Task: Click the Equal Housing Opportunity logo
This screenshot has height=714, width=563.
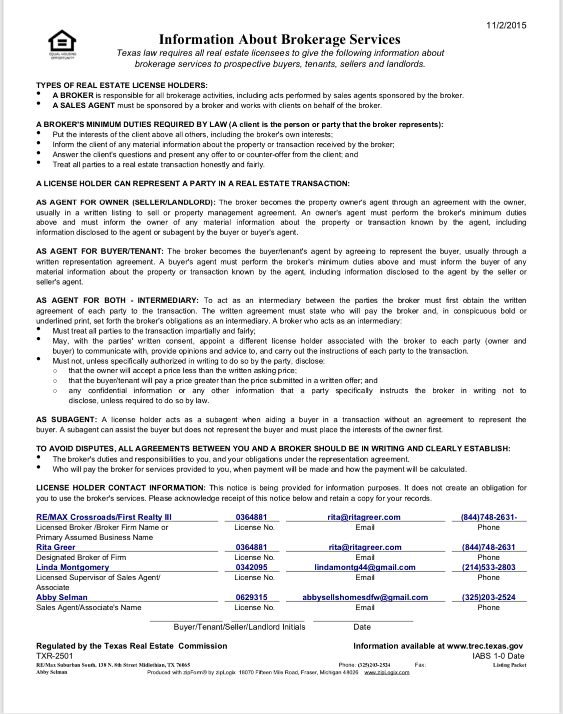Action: [x=62, y=43]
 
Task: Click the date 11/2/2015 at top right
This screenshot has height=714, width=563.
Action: [x=506, y=25]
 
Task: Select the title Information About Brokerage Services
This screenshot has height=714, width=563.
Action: [x=279, y=40]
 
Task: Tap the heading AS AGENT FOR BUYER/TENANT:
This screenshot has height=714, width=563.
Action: [x=100, y=252]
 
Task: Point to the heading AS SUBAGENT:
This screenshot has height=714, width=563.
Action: [x=67, y=420]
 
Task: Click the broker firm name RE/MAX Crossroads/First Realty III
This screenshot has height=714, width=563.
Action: [x=104, y=517]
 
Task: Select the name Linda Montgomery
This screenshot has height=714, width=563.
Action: [x=73, y=567]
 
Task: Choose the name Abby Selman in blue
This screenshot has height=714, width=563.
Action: [x=62, y=597]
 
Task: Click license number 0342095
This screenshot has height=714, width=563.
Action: [x=251, y=567]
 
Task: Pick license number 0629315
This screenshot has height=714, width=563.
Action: [x=251, y=597]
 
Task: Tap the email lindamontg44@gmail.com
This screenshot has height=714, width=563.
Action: [x=365, y=567]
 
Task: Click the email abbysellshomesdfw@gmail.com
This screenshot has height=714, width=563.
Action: [x=365, y=597]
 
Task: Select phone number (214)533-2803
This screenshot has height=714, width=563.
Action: [x=488, y=567]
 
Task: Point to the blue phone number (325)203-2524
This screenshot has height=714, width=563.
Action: [x=488, y=597]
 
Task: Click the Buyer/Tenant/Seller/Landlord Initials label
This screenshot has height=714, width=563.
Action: [x=239, y=627]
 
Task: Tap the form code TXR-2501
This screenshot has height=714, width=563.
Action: [x=55, y=656]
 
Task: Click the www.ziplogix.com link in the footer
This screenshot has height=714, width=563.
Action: [x=386, y=672]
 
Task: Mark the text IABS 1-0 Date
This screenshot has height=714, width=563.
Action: [x=498, y=656]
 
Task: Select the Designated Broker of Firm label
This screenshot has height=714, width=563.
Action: [x=81, y=557]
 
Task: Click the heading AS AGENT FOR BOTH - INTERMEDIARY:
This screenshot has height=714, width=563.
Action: [x=117, y=301]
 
